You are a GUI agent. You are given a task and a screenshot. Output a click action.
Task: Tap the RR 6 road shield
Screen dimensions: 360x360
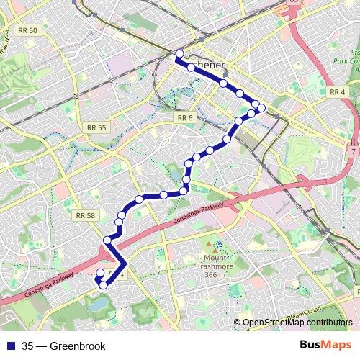(185, 117)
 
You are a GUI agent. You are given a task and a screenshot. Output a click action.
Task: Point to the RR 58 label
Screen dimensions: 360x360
(85, 215)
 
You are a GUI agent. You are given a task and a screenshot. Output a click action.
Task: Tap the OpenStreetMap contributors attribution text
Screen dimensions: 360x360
(297, 323)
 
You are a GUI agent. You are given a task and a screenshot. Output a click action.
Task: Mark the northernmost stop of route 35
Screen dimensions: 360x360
(179, 53)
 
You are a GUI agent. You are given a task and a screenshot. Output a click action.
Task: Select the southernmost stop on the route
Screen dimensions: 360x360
(103, 285)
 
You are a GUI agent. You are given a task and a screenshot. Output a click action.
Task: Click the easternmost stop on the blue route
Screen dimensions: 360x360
(261, 108)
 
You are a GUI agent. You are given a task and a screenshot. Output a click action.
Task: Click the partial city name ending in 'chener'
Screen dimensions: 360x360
(210, 65)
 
